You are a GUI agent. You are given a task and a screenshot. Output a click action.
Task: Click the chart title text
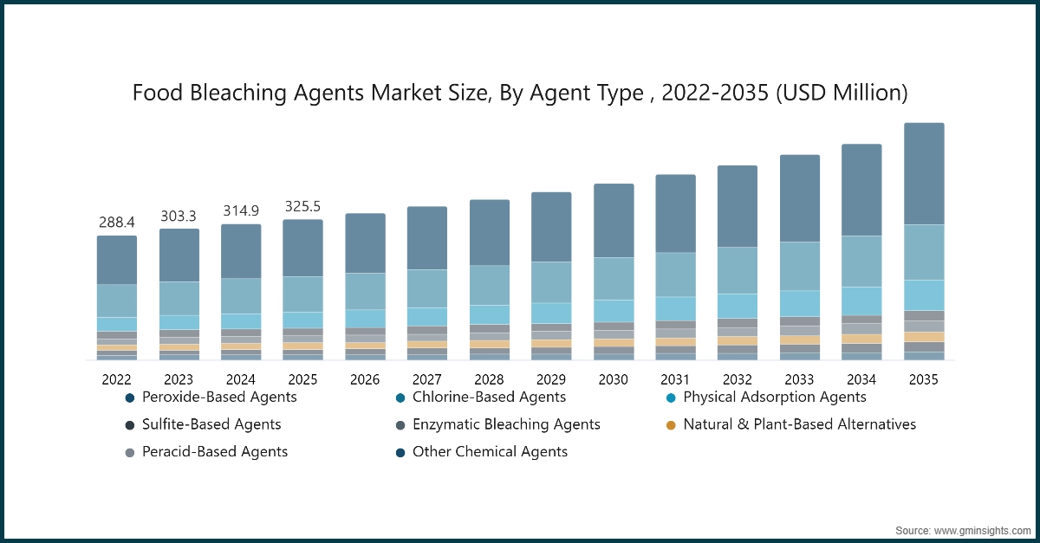tap(520, 93)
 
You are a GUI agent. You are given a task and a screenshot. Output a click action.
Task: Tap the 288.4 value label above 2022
tap(116, 223)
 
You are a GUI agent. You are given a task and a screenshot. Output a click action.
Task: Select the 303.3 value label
tap(179, 216)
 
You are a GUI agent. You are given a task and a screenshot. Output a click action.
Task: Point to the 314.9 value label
tap(241, 210)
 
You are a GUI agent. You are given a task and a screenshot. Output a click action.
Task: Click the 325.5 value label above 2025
tap(302, 206)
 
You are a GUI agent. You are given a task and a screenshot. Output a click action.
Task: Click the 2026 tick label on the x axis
tap(365, 379)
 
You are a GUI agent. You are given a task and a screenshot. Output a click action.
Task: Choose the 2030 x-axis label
tap(613, 379)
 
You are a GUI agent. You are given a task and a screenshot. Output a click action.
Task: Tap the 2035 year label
tap(923, 379)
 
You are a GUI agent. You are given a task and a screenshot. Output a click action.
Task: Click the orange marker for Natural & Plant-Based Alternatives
tap(669, 425)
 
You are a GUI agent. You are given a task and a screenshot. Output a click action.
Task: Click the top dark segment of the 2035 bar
tap(924, 173)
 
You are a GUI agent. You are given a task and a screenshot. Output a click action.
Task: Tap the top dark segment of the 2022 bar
tap(116, 260)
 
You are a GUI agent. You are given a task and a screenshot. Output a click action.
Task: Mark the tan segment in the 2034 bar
tap(861, 339)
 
